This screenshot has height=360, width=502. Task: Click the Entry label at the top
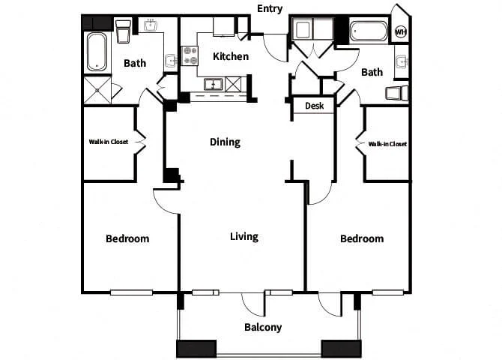270,9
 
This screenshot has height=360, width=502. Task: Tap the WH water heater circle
401,32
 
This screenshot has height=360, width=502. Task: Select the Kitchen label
231,56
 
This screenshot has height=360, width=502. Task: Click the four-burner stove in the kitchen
190,55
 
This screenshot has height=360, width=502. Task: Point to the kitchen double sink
214,85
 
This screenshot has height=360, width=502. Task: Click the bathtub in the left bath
97,52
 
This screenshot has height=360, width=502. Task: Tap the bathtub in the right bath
368,31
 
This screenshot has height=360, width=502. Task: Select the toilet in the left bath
123,31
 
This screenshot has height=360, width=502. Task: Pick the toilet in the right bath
397,93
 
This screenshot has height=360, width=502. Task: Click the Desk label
314,106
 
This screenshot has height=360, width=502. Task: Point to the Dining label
225,142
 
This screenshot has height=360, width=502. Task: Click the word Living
244,236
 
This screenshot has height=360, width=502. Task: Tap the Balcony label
263,327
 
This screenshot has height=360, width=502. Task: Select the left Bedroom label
127,238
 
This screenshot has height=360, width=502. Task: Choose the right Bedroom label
362,238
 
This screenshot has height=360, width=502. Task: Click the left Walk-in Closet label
108,142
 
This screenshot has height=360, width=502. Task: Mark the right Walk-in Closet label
387,144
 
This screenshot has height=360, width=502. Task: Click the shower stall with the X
97,91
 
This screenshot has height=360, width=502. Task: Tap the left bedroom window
131,292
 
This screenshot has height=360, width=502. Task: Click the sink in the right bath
402,61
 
